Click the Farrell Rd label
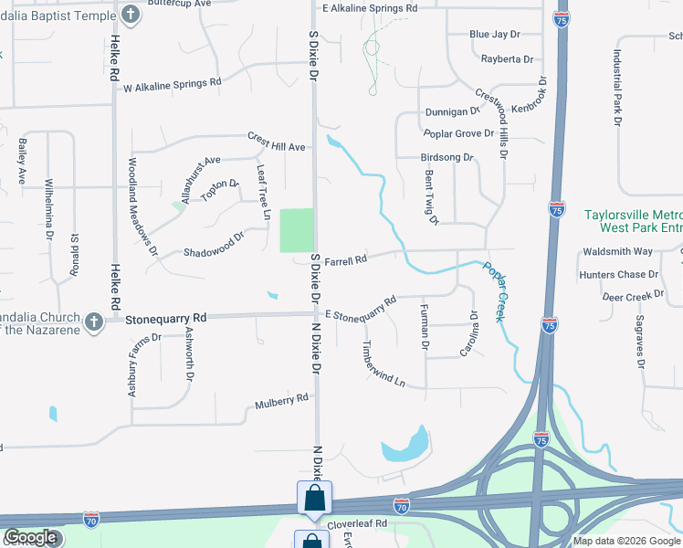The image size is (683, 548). click(345, 258)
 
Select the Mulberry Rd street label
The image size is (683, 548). click(282, 400)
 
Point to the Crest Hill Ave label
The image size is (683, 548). click(276, 141)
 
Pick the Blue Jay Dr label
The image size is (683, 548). click(494, 35)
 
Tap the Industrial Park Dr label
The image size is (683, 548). click(618, 87)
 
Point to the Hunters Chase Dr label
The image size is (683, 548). click(618, 274)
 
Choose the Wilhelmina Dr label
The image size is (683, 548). click(47, 210)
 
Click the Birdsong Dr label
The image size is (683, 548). click(447, 157)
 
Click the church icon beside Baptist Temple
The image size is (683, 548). click(131, 15)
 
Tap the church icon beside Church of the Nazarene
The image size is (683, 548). click(93, 321)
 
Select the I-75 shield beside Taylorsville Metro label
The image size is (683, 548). click(556, 210)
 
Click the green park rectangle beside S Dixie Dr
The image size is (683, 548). click(296, 230)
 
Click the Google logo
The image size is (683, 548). click(30, 538)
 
